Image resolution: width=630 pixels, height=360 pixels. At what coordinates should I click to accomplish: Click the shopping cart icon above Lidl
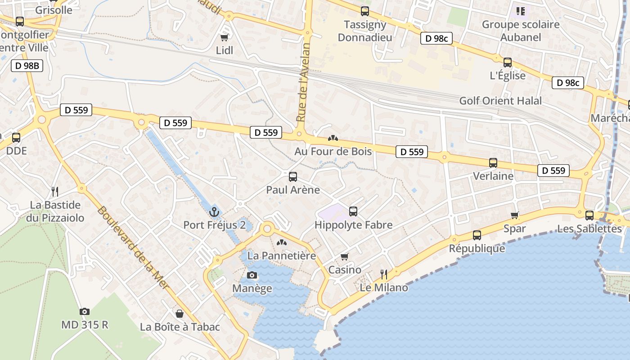point(224,37)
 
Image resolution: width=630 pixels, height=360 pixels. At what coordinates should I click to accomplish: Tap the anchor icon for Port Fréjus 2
point(214,211)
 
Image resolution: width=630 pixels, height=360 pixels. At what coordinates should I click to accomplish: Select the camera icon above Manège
point(252,275)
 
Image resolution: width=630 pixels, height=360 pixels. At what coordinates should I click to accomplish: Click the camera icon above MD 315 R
point(84,311)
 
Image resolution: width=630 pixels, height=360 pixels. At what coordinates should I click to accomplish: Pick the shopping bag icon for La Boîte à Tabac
point(180,314)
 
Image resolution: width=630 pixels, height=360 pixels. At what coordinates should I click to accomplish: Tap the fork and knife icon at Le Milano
point(384,274)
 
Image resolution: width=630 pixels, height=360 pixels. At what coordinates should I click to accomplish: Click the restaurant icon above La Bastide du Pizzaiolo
point(55,192)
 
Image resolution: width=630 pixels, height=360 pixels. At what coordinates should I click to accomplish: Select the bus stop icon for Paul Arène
point(293,176)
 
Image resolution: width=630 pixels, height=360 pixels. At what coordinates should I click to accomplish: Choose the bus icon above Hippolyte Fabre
point(353,211)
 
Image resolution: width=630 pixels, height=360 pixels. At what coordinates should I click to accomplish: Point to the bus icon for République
point(477,235)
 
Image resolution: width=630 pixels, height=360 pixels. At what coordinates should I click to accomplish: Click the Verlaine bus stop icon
point(493,163)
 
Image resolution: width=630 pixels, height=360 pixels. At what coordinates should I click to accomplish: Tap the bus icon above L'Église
point(508,63)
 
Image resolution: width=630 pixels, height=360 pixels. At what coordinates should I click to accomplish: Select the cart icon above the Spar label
point(515,216)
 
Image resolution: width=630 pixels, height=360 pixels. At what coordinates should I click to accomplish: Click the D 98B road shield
point(27,66)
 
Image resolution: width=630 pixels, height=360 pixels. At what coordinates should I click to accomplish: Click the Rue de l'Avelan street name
point(304,82)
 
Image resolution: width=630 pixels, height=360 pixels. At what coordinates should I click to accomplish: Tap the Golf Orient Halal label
point(500,101)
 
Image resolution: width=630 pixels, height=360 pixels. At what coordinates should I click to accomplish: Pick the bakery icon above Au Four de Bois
point(333,138)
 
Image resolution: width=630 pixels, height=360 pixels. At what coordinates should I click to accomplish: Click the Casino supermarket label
point(345,270)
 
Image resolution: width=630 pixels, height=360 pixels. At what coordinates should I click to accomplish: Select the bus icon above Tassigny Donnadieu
point(364,11)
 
